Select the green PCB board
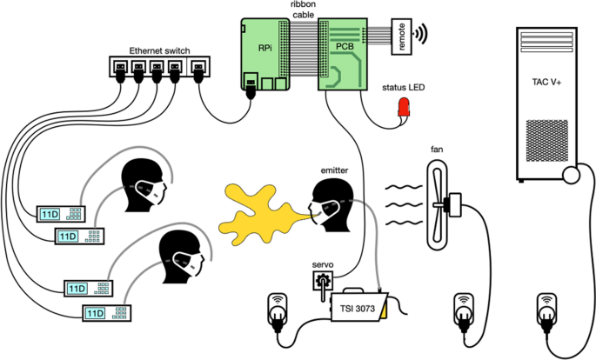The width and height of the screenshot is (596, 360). pos(341,54)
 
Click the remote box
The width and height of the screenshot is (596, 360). pos(402,36)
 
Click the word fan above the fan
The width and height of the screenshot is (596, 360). pos(438,150)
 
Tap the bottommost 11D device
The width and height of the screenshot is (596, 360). pos(105,311)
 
